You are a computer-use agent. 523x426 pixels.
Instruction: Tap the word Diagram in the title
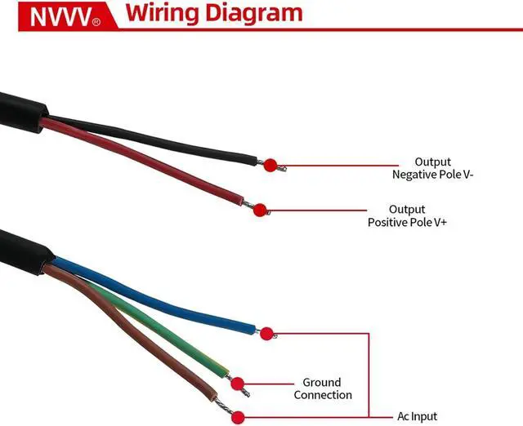254,13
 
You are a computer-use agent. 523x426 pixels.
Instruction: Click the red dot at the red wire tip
260,211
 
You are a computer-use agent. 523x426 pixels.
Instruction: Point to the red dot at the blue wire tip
266,333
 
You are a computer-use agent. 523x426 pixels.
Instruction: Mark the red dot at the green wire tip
237,384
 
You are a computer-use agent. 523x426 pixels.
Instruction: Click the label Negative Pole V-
432,174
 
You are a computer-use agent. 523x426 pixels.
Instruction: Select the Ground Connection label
322,388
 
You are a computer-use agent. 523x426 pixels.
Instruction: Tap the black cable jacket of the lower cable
16,249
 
